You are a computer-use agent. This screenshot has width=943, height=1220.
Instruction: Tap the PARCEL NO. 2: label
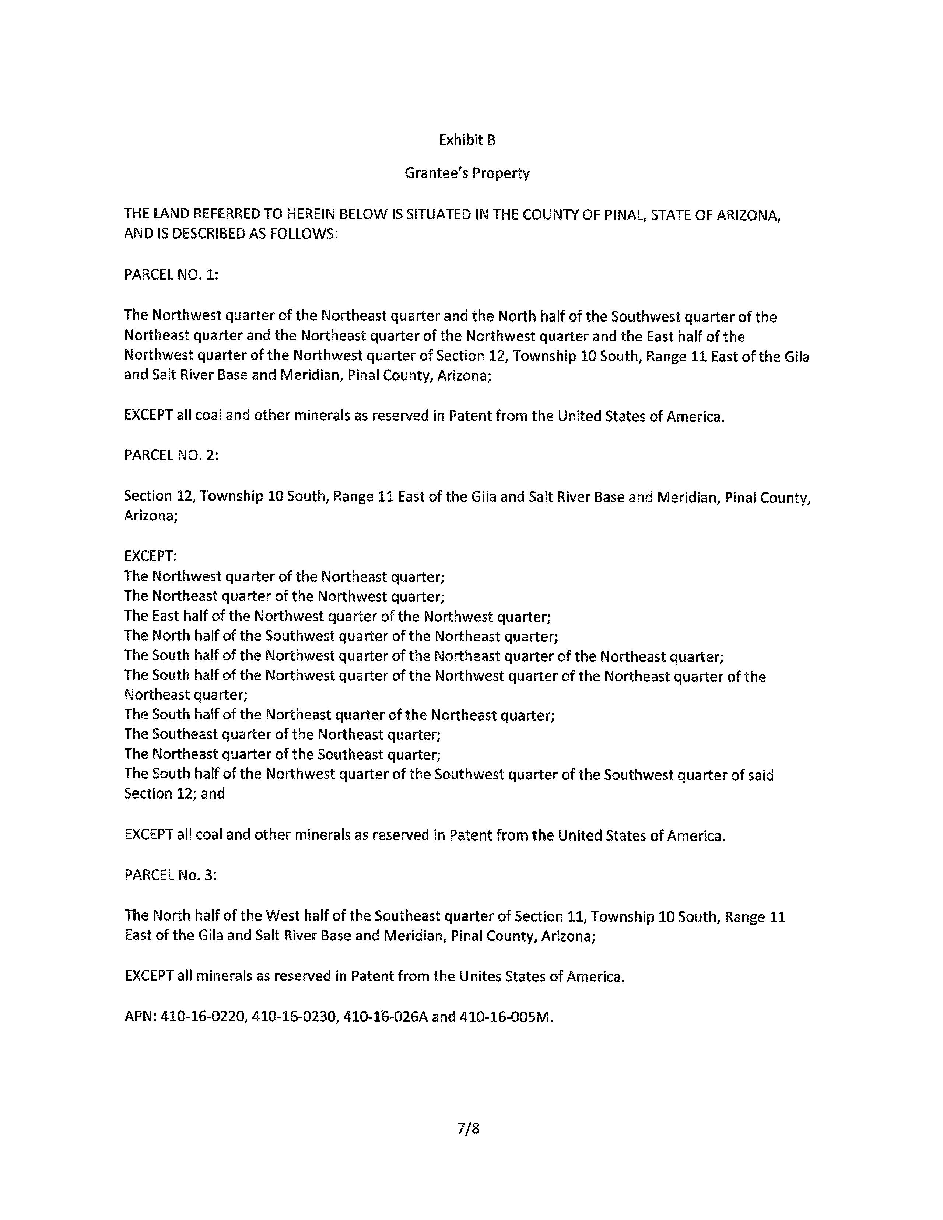pyautogui.click(x=171, y=455)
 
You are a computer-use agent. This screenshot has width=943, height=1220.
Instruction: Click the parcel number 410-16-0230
pyautogui.click(x=294, y=1017)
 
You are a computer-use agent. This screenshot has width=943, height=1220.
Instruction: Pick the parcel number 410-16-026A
pyautogui.click(x=385, y=1017)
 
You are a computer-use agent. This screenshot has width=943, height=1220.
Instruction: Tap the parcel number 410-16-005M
pyautogui.click(x=506, y=1017)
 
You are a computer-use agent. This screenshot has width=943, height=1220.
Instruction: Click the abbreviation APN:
pyautogui.click(x=140, y=1017)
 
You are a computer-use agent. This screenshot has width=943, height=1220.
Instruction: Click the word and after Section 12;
pyautogui.click(x=213, y=794)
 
